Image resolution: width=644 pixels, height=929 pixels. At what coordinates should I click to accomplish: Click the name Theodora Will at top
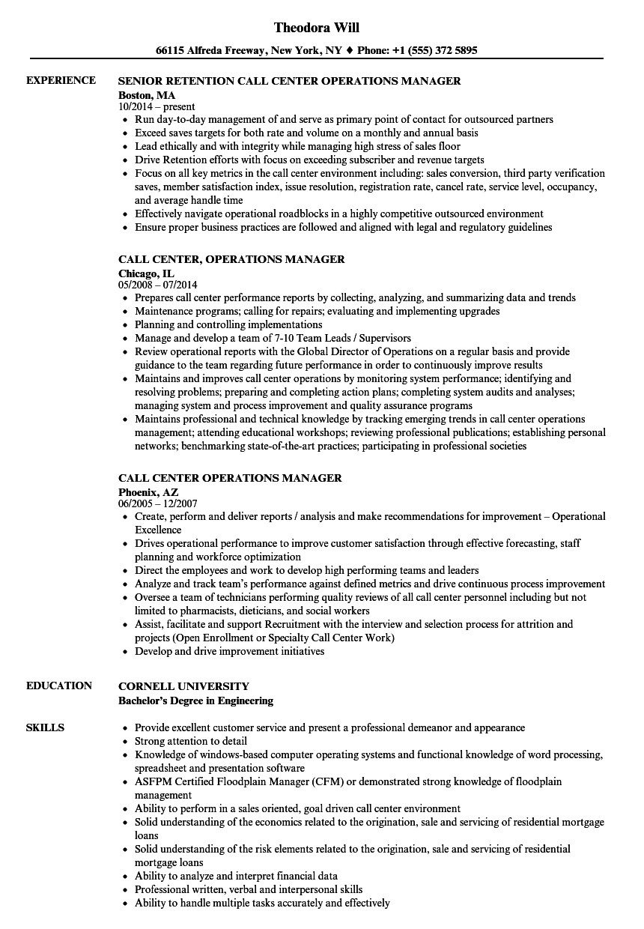coord(317,28)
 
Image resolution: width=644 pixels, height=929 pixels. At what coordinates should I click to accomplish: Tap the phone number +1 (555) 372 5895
coord(436,51)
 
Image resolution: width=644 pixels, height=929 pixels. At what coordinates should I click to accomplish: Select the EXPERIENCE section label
coord(61,80)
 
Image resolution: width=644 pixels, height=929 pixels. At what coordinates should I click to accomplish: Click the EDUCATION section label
coord(59,686)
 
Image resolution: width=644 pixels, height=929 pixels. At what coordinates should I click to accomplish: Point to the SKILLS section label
coord(45,727)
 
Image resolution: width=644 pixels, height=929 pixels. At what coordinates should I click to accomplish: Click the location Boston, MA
coord(147,94)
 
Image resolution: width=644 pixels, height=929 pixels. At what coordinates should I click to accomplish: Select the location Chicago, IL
coord(146,273)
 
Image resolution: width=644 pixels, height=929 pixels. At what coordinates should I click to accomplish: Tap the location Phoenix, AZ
coord(149,491)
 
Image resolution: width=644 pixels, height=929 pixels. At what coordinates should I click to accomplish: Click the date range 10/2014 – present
coord(157,107)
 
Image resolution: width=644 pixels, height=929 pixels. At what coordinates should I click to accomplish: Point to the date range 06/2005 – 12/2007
coord(158,504)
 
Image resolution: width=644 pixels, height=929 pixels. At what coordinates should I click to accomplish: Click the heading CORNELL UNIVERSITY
coord(184,686)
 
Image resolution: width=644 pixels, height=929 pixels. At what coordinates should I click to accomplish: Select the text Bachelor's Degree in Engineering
coord(195,700)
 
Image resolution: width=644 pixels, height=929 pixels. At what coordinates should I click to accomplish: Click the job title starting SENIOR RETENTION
coord(290,81)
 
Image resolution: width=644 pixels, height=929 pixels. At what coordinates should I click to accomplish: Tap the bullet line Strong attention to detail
coord(192,741)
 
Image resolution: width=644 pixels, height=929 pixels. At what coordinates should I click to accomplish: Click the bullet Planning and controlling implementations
coord(228,324)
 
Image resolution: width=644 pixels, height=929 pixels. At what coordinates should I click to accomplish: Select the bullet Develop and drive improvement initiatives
coord(229,651)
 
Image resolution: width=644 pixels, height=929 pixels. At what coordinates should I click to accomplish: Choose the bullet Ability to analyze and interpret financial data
coord(236,876)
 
